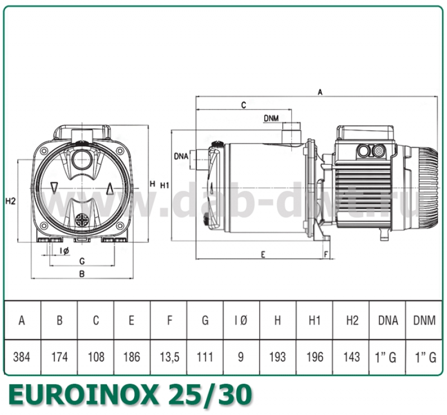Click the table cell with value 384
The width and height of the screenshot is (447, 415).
click(x=22, y=357)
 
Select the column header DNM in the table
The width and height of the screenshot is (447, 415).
click(x=424, y=321)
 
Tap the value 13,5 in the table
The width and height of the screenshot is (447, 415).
click(x=168, y=357)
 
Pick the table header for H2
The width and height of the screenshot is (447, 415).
click(x=351, y=321)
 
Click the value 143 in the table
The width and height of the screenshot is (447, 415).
click(x=351, y=357)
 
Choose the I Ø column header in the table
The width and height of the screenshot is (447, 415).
click(x=241, y=321)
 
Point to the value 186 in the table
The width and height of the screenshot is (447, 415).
click(x=132, y=357)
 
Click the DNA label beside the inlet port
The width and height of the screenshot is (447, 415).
click(x=181, y=156)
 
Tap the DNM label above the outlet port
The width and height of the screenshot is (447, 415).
click(x=272, y=118)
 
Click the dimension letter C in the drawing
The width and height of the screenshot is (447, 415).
click(x=244, y=105)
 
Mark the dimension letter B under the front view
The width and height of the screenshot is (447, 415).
click(x=82, y=274)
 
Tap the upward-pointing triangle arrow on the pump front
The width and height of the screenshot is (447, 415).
click(x=110, y=188)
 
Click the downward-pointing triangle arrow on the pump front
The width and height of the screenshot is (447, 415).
click(x=54, y=187)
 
